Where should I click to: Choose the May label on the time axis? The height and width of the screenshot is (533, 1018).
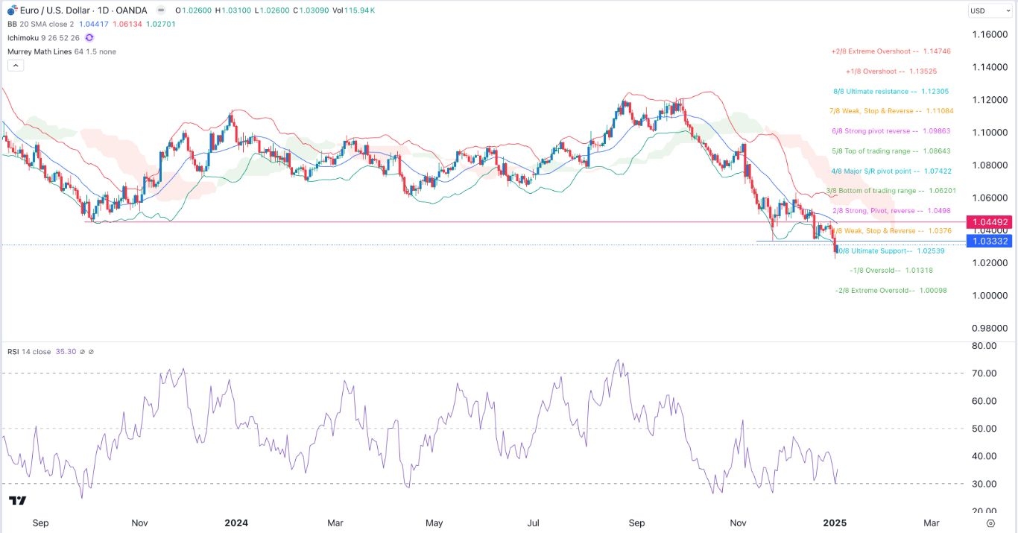click(434, 523)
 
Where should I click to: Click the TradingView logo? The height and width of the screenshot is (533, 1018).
click(18, 500)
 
